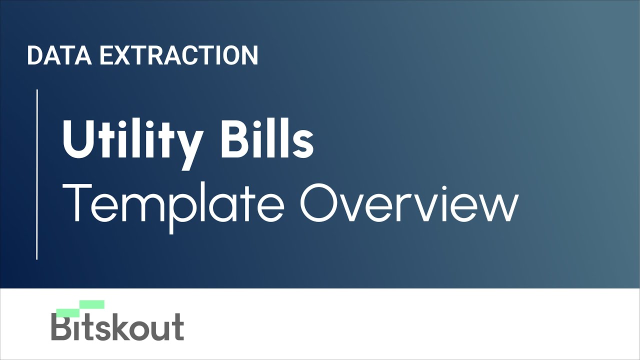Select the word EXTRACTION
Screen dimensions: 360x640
[179, 55]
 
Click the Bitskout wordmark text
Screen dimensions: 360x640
[117, 327]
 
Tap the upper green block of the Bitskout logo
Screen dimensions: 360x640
[92, 304]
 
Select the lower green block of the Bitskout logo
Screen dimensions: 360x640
[68, 313]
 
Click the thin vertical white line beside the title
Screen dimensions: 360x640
[37, 174]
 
